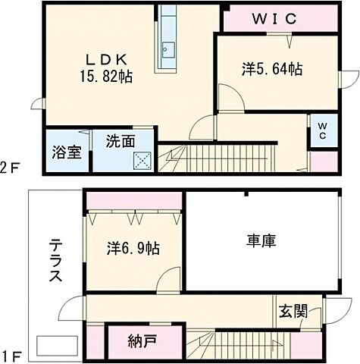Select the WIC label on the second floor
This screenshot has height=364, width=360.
[x=274, y=18]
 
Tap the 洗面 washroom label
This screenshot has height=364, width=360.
[x=121, y=140]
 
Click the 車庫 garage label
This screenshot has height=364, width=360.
[x=260, y=242]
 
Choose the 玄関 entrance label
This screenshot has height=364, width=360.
[x=293, y=310]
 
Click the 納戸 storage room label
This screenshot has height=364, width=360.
[x=142, y=339]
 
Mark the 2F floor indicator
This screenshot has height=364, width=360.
[x=9, y=168]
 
